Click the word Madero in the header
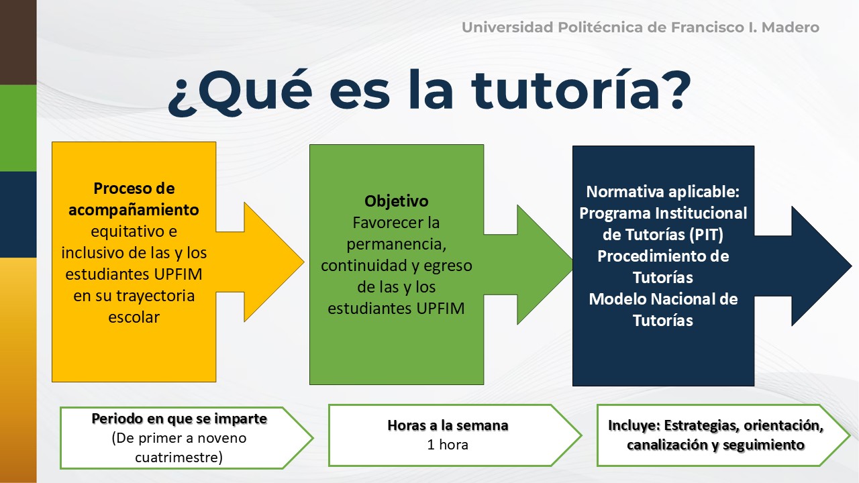[791, 28]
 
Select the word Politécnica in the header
[599, 28]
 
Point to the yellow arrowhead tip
[304, 262]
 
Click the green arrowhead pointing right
[544, 265]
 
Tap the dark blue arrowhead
[821, 266]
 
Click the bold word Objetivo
[396, 201]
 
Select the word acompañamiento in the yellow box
[134, 210]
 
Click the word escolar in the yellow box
[134, 317]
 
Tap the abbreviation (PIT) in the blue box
[706, 235]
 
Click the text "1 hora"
[448, 445]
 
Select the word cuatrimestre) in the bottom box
[179, 458]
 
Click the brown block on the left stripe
[18, 42]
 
